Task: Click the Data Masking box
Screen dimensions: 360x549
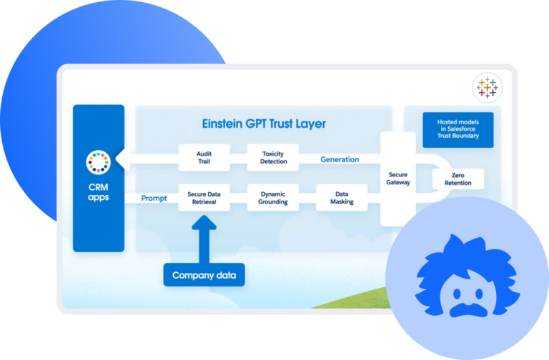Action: point(342,198)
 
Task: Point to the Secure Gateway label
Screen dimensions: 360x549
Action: point(397,178)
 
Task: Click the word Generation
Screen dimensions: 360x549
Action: point(340,159)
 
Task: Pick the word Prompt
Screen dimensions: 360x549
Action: point(154,198)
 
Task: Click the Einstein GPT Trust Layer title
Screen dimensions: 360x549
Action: point(264,124)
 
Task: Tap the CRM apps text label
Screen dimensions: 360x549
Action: point(99,192)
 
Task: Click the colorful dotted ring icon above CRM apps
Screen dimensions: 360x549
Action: point(99,163)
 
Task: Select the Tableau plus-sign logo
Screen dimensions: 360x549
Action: point(488,88)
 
